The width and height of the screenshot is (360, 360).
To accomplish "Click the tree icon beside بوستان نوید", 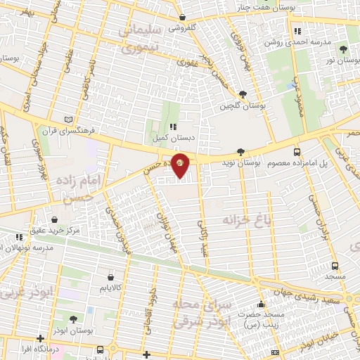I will point(240,151).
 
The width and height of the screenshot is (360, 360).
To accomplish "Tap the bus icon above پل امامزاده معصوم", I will point(297,151).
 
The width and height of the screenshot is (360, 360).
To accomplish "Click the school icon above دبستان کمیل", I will point(172,127).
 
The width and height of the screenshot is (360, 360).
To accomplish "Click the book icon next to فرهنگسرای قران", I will point(67,120).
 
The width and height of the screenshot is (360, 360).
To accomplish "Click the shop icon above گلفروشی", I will point(182,17).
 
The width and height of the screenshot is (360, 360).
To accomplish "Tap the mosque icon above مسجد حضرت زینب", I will point(262,305).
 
